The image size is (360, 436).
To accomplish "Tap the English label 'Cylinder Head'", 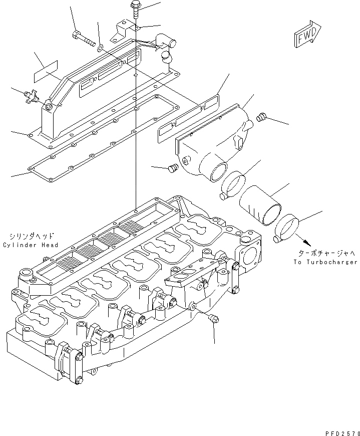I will tap(30, 245).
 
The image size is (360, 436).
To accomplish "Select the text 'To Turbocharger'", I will tap(326, 262).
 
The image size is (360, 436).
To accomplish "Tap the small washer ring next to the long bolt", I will tap(100, 48).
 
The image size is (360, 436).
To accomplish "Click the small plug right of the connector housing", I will tap(260, 118).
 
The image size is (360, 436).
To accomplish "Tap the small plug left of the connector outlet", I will tap(173, 168).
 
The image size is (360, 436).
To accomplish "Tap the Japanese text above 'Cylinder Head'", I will tap(31, 236).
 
